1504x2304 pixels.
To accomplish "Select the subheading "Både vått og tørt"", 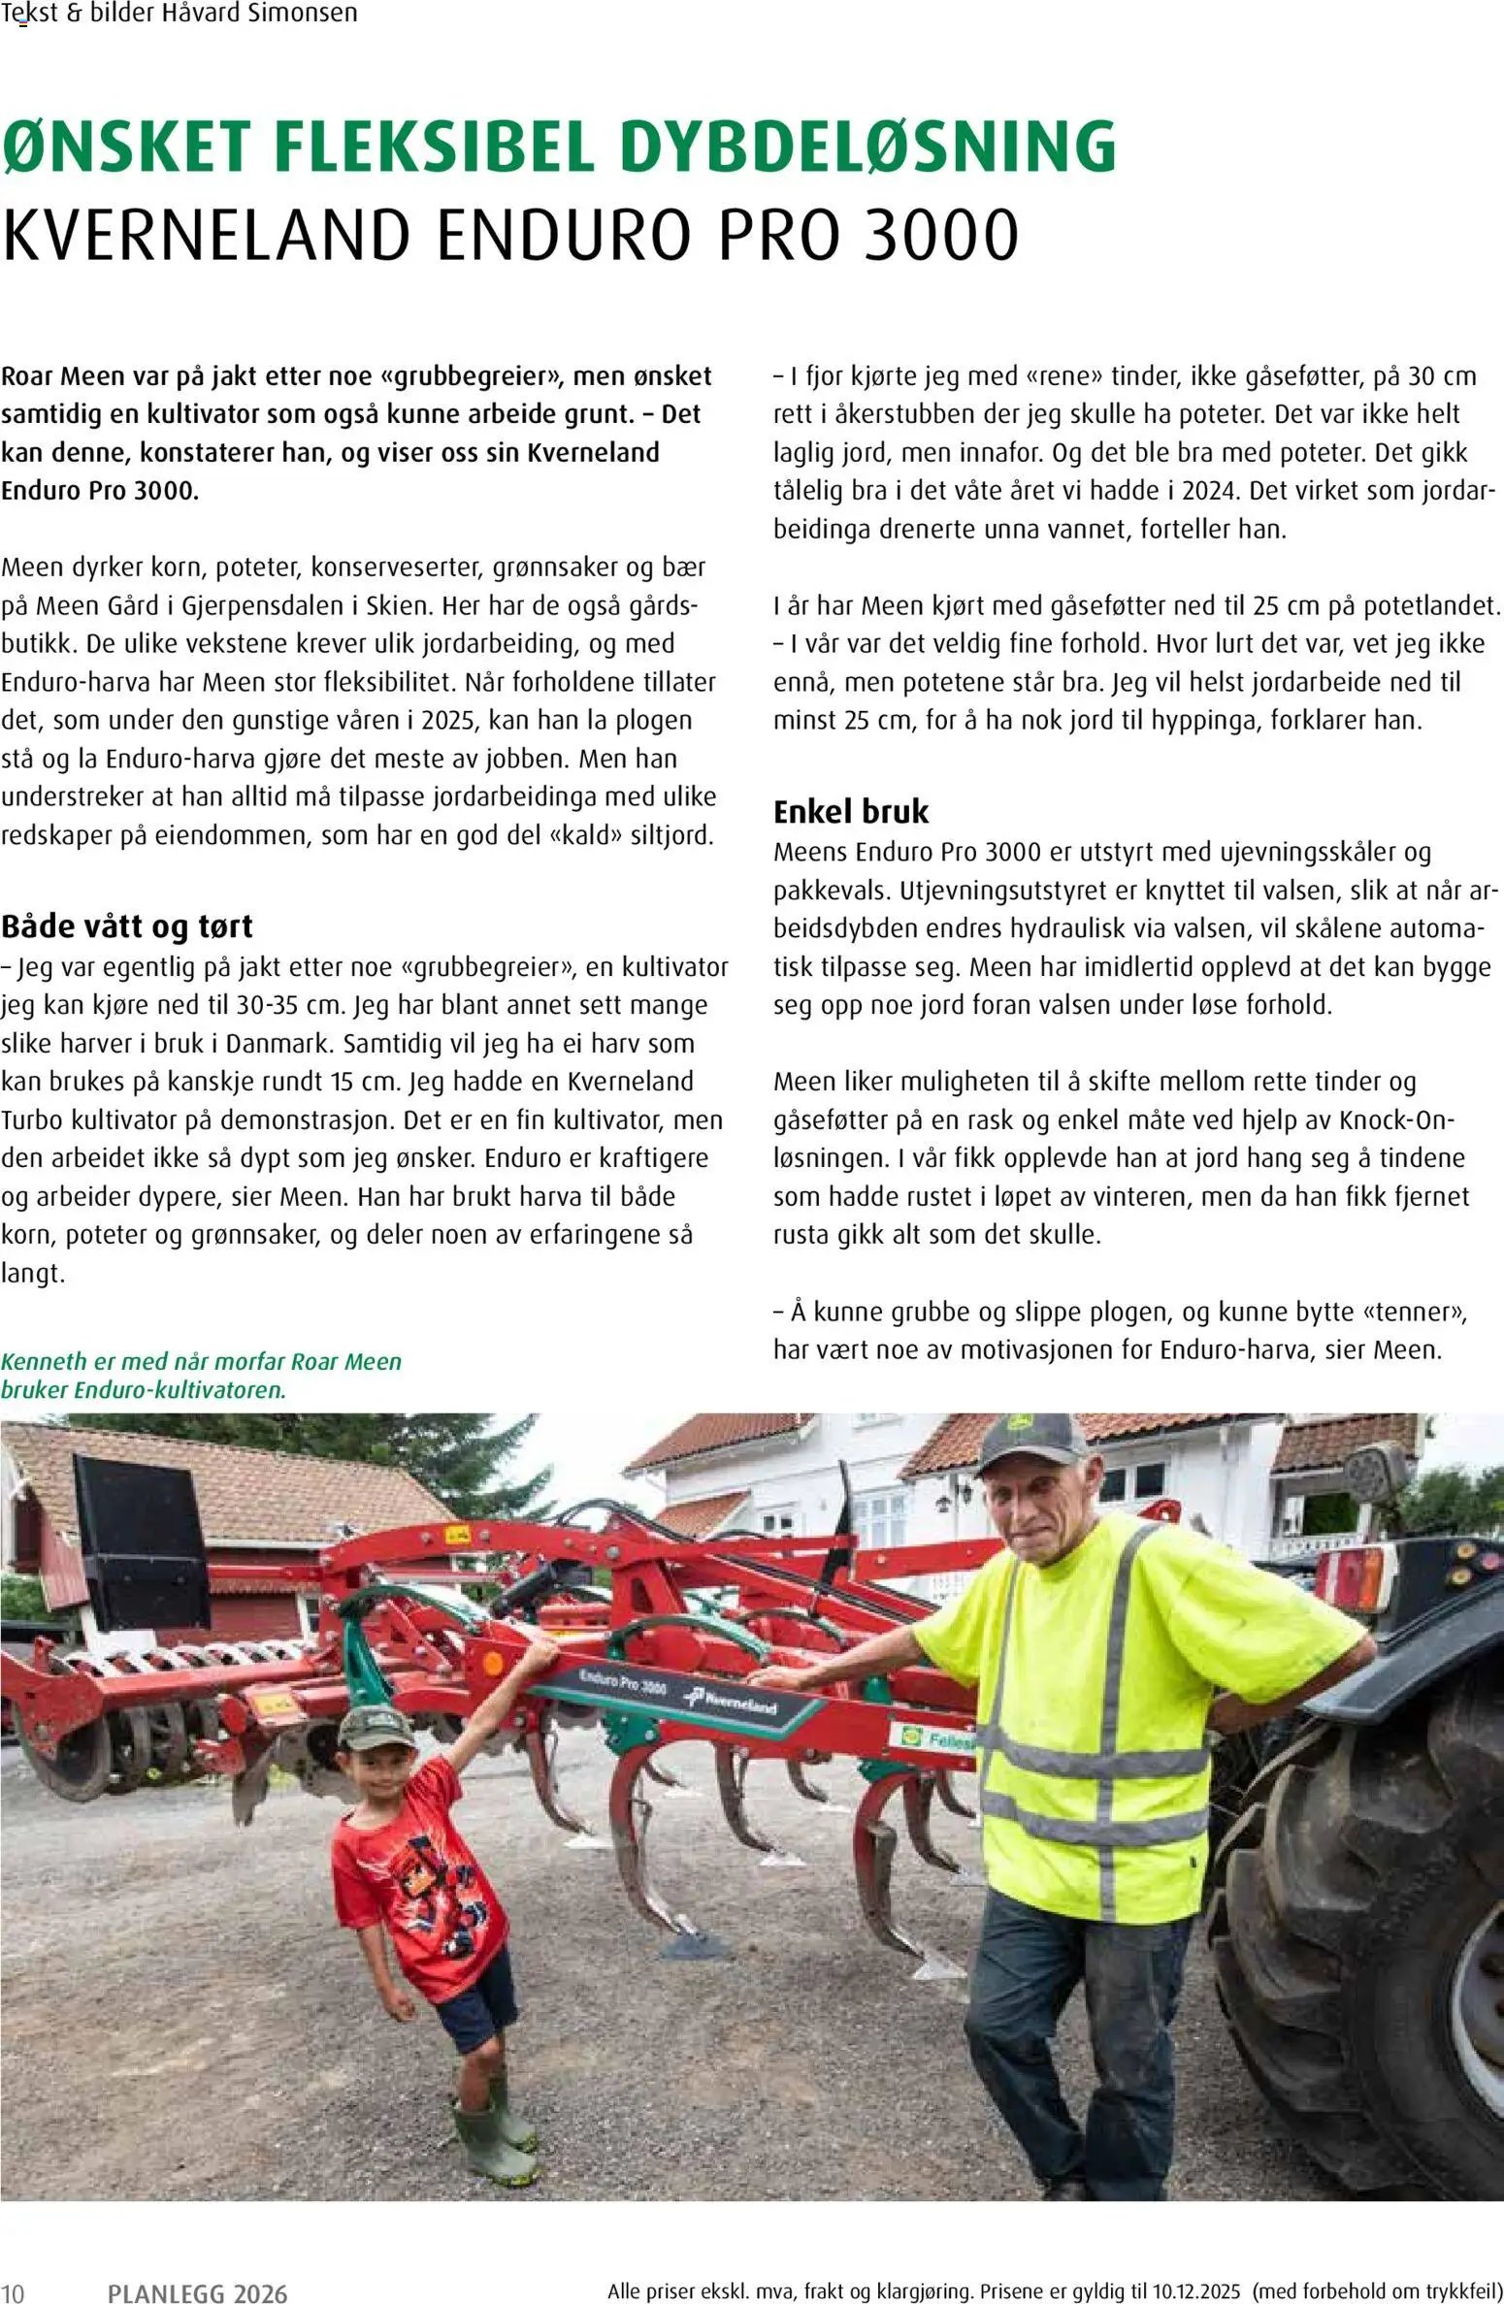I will pos(127,926).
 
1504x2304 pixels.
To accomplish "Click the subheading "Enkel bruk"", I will pos(851,811).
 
